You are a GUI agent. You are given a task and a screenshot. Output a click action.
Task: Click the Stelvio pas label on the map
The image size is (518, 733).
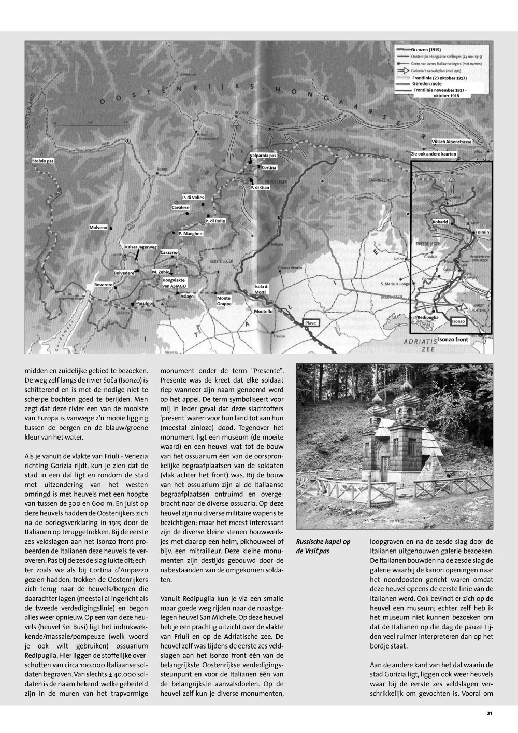(42, 161)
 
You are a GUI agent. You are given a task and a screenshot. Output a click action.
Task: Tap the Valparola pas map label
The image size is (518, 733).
(263, 155)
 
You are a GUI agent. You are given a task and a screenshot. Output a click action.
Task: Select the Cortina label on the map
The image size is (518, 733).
(269, 167)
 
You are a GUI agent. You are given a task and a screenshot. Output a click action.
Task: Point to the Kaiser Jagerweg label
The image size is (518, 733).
(140, 247)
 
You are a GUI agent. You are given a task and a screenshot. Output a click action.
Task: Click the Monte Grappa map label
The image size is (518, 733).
(224, 301)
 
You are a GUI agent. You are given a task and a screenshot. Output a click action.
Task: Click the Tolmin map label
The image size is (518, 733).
(481, 232)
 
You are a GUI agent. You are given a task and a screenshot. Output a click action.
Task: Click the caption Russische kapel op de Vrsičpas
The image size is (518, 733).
(323, 546)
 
